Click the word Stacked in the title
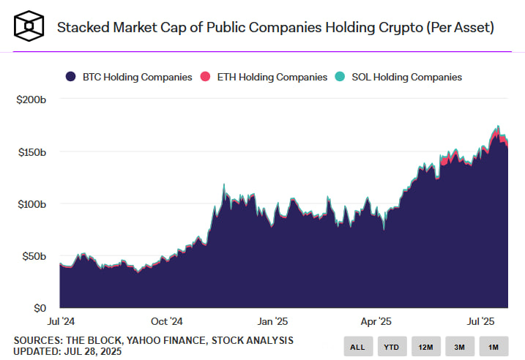[x=81, y=28]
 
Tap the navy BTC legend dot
[x=70, y=77]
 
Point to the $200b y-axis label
[x=31, y=100]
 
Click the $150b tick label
[x=31, y=151]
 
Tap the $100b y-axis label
[x=31, y=203]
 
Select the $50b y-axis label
[x=33, y=256]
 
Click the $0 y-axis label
[x=40, y=308]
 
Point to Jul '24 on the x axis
[x=59, y=320]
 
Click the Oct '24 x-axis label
[x=165, y=320]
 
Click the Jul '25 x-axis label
[x=483, y=320]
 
